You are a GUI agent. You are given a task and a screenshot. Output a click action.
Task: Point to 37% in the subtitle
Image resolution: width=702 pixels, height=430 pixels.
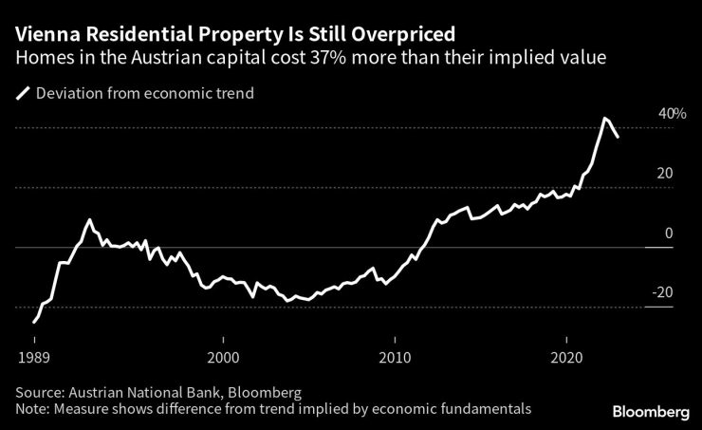point(329,58)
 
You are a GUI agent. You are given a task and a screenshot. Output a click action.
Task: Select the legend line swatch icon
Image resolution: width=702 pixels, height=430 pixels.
point(22,93)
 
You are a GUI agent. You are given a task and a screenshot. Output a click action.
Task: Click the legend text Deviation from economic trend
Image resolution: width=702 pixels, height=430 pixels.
point(144,93)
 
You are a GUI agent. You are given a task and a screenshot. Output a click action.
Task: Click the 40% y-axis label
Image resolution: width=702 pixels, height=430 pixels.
point(672,114)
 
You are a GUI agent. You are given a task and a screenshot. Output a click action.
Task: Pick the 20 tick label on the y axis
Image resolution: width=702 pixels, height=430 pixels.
point(665,174)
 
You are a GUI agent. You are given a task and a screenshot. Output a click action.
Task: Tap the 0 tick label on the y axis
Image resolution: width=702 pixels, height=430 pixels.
point(669,234)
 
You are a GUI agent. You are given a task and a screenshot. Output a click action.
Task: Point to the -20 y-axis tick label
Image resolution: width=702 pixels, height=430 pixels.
point(662,293)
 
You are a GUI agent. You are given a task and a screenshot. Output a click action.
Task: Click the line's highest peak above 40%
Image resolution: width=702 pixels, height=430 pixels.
point(605,118)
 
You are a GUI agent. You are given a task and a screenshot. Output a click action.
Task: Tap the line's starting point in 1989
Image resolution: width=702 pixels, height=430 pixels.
point(34,323)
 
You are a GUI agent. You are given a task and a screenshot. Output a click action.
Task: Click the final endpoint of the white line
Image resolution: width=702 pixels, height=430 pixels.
point(619,138)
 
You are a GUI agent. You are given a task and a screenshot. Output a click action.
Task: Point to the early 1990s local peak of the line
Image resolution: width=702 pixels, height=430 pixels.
point(89,219)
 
